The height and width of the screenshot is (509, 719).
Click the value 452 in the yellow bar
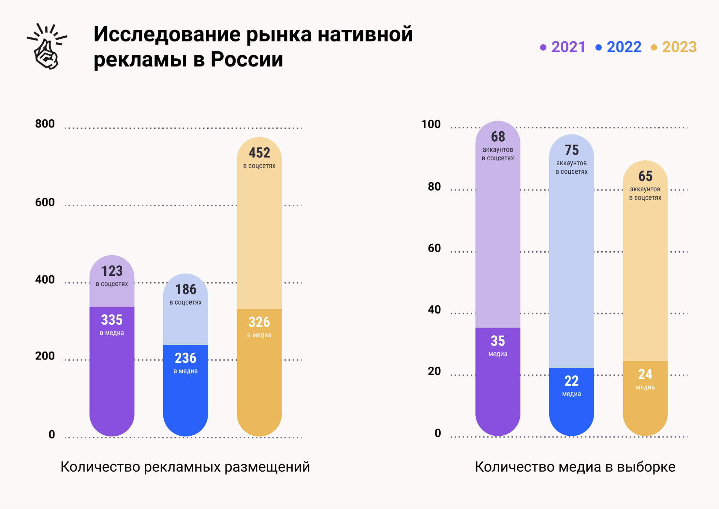click(x=259, y=153)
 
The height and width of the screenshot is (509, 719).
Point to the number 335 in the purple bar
click(x=112, y=320)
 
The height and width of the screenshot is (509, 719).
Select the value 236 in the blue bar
click(x=186, y=358)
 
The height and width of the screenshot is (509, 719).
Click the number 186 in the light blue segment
click(x=186, y=289)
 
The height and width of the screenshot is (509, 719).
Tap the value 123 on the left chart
click(x=112, y=271)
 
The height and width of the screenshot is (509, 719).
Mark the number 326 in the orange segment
click(x=259, y=322)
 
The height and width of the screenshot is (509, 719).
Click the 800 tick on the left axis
click(x=45, y=124)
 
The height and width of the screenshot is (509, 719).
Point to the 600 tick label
click(x=45, y=202)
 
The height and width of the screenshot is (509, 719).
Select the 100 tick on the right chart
click(x=431, y=124)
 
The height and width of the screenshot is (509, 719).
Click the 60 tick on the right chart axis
click(x=434, y=248)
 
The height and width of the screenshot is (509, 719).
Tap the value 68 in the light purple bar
click(x=498, y=137)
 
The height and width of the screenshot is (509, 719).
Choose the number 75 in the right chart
click(x=572, y=150)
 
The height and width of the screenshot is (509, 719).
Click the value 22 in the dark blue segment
click(x=572, y=381)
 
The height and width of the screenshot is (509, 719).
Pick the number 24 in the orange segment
click(x=645, y=375)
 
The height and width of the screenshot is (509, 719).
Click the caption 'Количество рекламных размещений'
click(x=185, y=467)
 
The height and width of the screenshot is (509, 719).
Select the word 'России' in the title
click(x=247, y=59)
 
